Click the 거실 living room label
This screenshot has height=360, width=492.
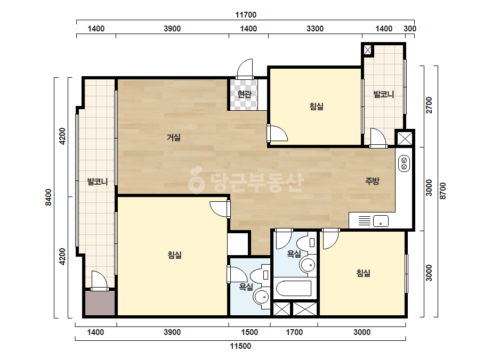(x=174, y=137)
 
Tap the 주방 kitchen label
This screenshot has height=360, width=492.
(x=372, y=181)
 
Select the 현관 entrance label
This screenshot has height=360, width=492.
(x=244, y=94)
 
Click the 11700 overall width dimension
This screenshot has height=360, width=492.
(x=246, y=15)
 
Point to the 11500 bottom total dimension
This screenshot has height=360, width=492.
(x=240, y=346)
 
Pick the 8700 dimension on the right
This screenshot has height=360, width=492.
(x=443, y=191)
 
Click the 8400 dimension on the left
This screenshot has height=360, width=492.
(x=49, y=197)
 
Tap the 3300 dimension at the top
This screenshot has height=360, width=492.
(x=314, y=29)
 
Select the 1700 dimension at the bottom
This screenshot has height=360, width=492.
(x=294, y=332)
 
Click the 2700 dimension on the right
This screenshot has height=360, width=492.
(x=429, y=105)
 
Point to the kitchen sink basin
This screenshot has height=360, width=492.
(x=381, y=221)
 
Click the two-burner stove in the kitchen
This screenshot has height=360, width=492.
(x=404, y=163)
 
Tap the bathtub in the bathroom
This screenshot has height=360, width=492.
(x=294, y=289)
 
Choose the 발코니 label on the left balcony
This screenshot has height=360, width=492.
(x=97, y=182)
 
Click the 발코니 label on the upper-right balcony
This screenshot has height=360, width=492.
(x=383, y=94)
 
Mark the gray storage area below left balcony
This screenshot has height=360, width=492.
(x=100, y=303)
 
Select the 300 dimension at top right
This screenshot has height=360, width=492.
(x=410, y=29)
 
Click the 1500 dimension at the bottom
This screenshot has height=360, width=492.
(x=249, y=332)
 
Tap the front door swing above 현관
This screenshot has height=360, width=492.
(x=245, y=69)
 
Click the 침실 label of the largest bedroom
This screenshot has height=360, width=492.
(x=174, y=255)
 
